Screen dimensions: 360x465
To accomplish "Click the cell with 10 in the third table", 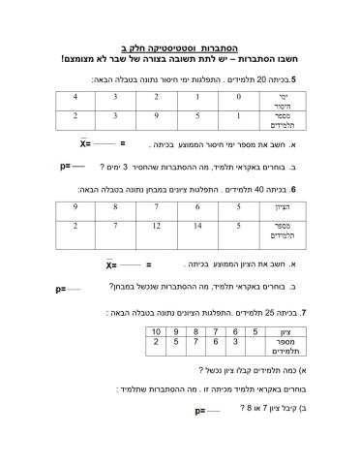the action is (x=158, y=333).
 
